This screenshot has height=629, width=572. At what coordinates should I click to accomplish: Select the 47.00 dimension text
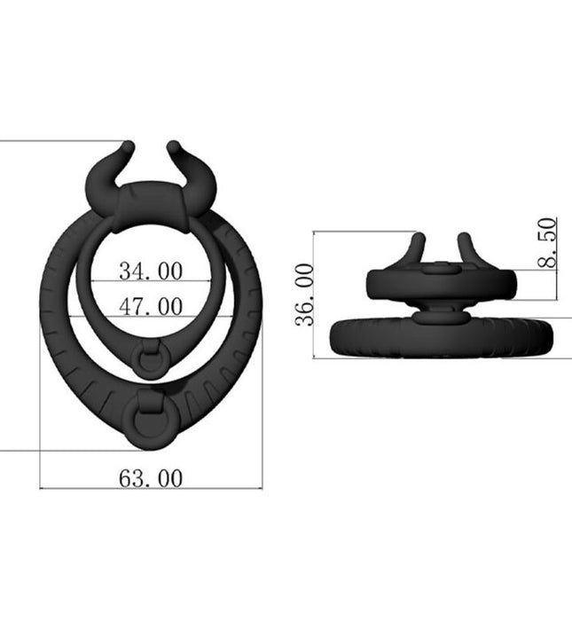[151, 306]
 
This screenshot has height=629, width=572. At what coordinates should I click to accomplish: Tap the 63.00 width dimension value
[151, 478]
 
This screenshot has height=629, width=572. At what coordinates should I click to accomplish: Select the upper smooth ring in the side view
[442, 285]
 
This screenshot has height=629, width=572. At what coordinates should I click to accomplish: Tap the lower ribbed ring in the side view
[441, 336]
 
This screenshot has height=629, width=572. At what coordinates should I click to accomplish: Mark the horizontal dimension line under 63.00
[151, 489]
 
